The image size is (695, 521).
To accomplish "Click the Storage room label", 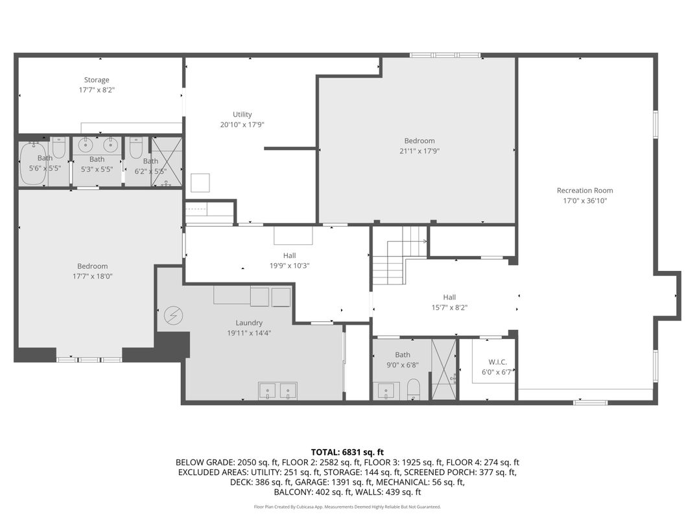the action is [97, 80].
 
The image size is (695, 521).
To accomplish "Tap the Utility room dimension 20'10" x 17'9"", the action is [242, 125].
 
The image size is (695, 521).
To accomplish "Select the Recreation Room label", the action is [585, 191].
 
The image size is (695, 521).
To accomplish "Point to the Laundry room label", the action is [249, 323].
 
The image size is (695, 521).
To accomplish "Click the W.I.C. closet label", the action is [497, 362].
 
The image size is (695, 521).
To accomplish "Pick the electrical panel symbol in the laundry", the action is [173, 316].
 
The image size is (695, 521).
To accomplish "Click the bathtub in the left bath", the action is [33, 163].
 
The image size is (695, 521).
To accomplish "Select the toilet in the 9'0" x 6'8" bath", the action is [414, 389].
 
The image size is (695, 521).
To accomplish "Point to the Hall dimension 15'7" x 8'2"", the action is [449, 307].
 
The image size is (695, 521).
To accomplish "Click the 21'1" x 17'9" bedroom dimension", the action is [419, 151].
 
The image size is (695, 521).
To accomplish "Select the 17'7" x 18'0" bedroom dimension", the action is [92, 277].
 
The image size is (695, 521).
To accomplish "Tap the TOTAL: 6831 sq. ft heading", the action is [347, 452].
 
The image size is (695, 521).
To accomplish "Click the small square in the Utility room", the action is [200, 183].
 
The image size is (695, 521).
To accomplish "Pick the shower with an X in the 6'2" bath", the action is [167, 162].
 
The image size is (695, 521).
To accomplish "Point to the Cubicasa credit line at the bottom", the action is [347, 507].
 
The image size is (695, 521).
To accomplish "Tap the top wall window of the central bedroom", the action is [445, 55].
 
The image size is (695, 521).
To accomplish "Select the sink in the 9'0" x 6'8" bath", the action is [386, 391].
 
